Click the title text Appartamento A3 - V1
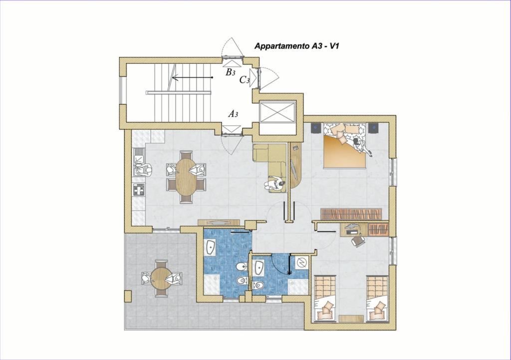tap(296, 46)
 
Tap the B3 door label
tap(231, 72)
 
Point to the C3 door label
tap(245, 80)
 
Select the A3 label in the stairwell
tap(233, 114)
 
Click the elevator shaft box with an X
tap(278, 112)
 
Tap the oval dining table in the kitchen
tap(186, 177)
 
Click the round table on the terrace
tap(161, 278)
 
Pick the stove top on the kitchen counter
tap(139, 189)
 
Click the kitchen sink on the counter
tap(139, 157)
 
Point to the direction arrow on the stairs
tap(192, 77)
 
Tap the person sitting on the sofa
tap(275, 184)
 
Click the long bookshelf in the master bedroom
tap(351, 214)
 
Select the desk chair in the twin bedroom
tap(358, 241)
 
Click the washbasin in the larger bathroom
tap(211, 247)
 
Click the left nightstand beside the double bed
tap(316, 128)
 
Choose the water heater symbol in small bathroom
tap(301, 262)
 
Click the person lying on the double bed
tap(362, 146)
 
